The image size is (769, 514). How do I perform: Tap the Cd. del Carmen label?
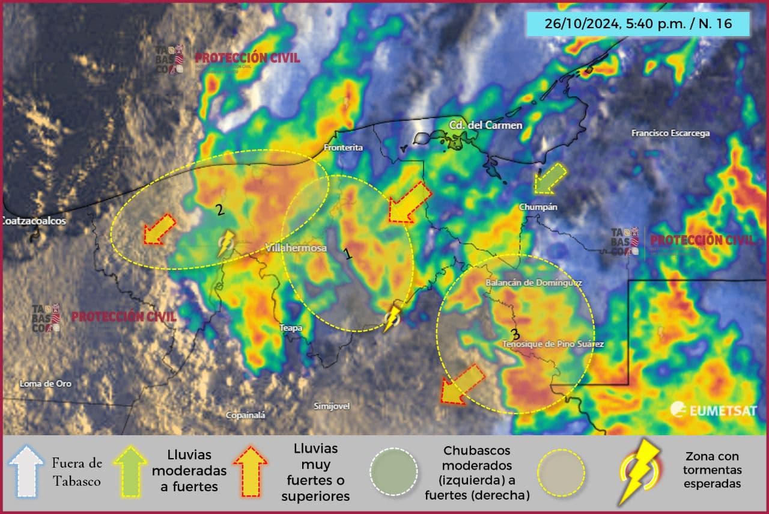click(478, 125)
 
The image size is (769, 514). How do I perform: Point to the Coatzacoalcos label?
click(34, 221)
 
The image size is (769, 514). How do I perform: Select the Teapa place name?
click(291, 328)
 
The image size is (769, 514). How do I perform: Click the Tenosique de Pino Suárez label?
click(553, 344)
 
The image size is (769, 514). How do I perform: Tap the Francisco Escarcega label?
click(670, 133)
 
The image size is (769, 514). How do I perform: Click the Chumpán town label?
click(538, 207)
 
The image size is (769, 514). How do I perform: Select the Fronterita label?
click(343, 147)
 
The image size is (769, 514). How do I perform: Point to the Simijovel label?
click(332, 406)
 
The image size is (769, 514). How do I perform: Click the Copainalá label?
click(245, 415)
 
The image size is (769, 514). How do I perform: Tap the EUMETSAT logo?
click(713, 410)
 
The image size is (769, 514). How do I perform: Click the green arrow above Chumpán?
click(550, 179)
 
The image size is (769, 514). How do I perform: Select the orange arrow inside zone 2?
click(159, 230)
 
